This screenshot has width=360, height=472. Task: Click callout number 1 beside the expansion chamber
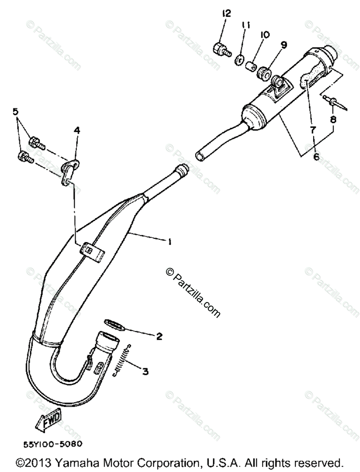pos(170,243)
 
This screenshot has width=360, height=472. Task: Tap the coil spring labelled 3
pos(123,360)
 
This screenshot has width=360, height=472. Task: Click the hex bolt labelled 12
pos(220,50)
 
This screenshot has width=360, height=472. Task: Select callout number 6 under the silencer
pos(316,157)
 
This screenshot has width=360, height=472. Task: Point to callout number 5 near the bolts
pos(16,112)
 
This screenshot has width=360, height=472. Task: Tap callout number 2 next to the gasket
pos(159,336)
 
